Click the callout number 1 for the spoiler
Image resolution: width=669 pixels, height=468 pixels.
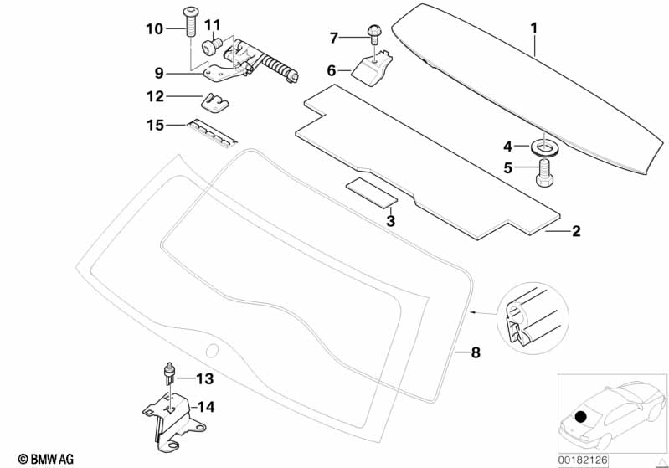[533, 28]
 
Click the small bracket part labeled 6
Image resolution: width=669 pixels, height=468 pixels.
[374, 67]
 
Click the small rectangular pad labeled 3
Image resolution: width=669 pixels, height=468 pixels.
[370, 192]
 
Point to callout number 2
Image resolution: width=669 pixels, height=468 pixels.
[575, 232]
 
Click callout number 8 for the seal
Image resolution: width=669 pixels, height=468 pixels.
[476, 353]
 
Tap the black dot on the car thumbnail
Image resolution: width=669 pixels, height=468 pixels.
[584, 415]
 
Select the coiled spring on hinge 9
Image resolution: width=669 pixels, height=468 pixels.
[279, 65]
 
